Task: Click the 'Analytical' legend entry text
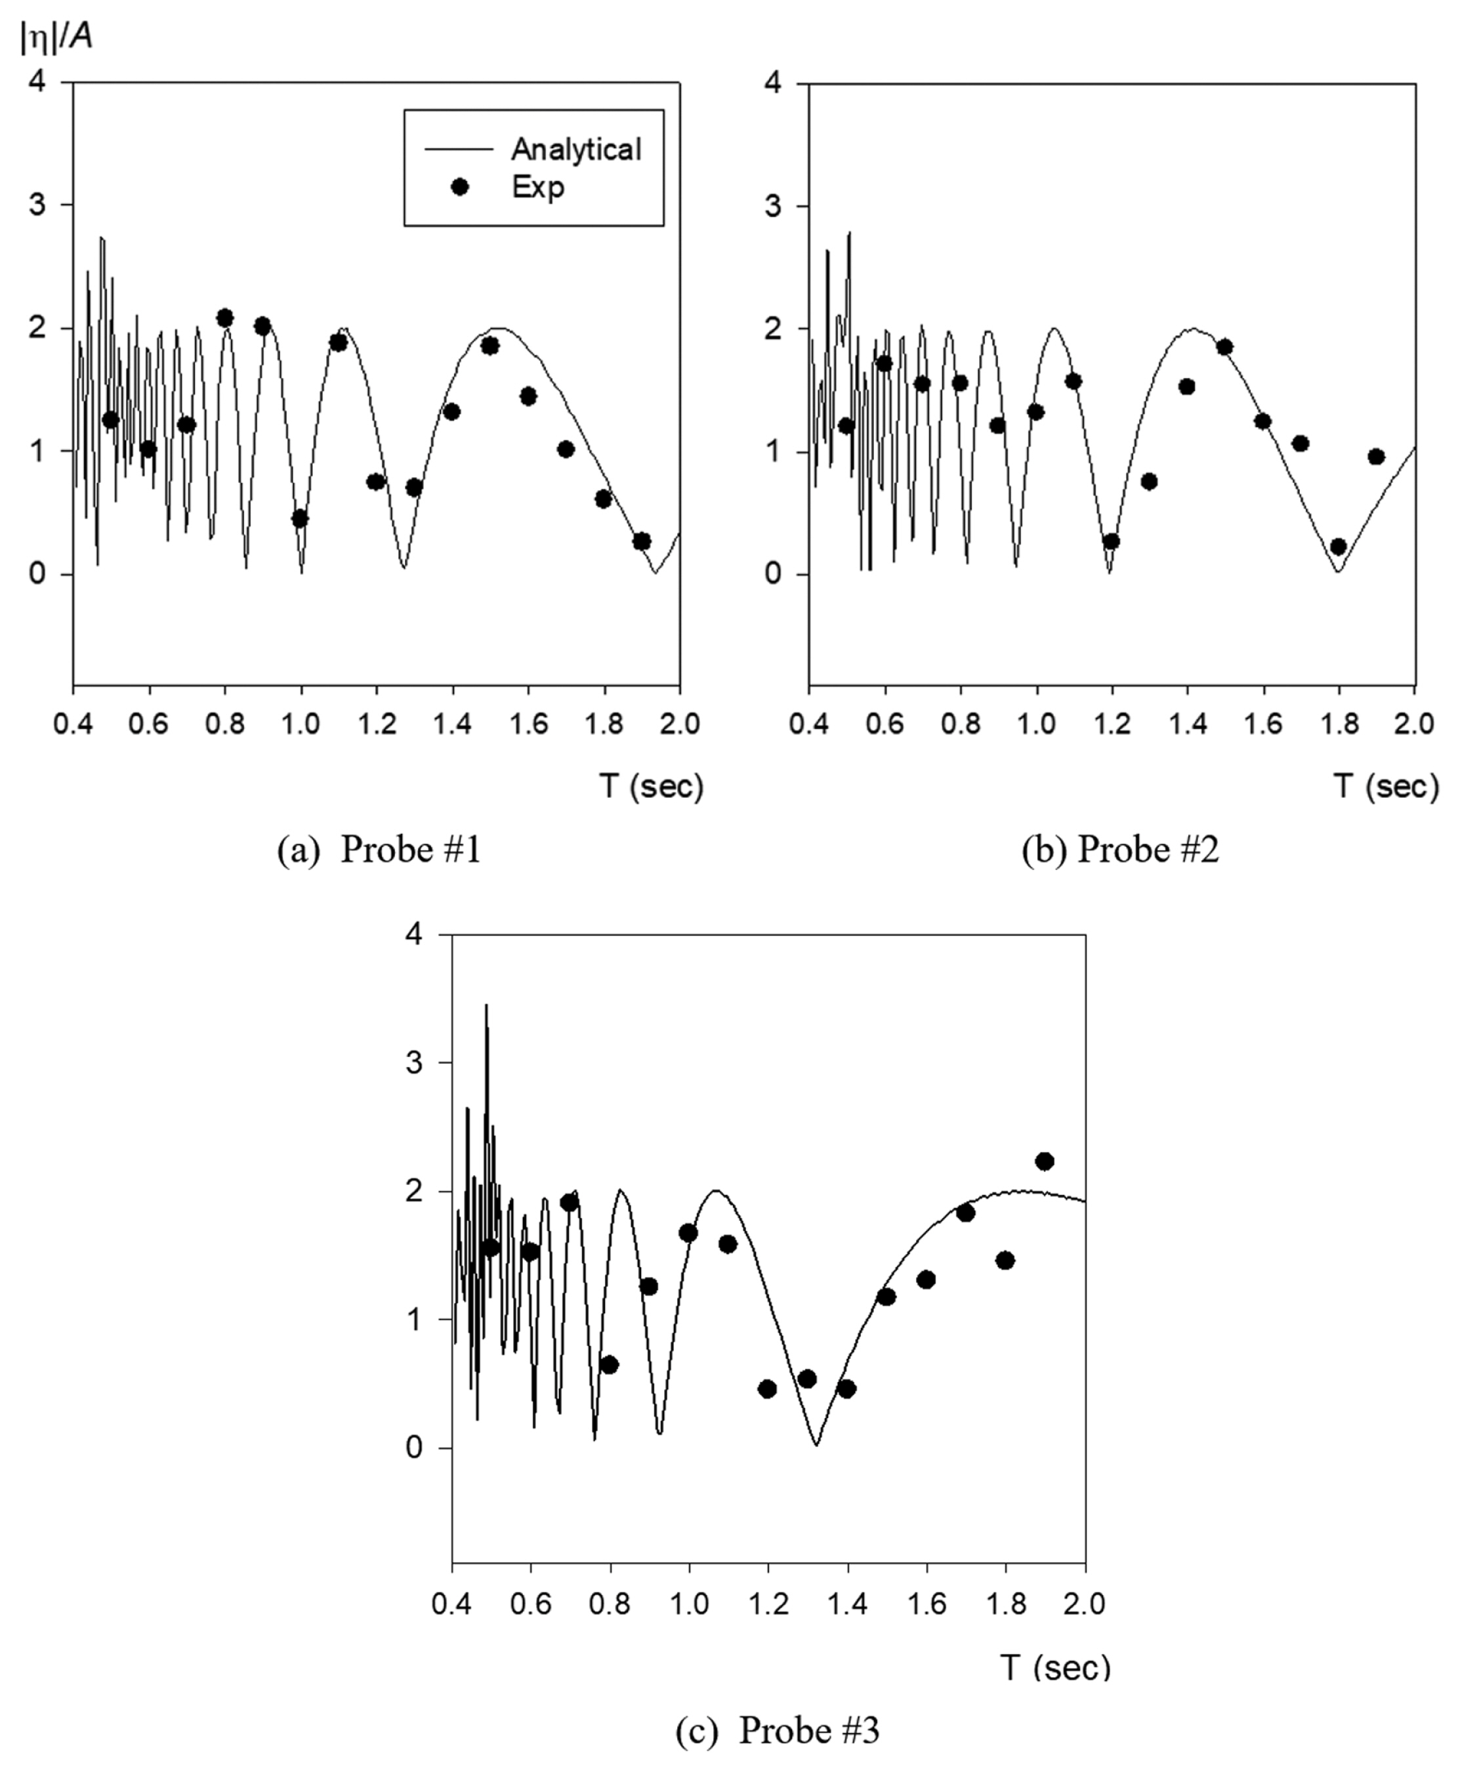[576, 149]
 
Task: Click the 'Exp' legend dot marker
[459, 187]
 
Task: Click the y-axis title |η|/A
[56, 37]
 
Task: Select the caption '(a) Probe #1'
[379, 850]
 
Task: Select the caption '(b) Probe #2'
[1119, 850]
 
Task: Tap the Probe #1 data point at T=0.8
[224, 318]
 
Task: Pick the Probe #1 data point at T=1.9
[642, 541]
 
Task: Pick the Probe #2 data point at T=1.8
[1338, 547]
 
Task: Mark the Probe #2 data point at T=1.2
[1111, 541]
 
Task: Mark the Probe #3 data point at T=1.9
[1045, 1161]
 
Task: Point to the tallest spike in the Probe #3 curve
[486, 1006]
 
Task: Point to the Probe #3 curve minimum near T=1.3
[816, 1445]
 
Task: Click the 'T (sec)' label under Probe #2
[1385, 786]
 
